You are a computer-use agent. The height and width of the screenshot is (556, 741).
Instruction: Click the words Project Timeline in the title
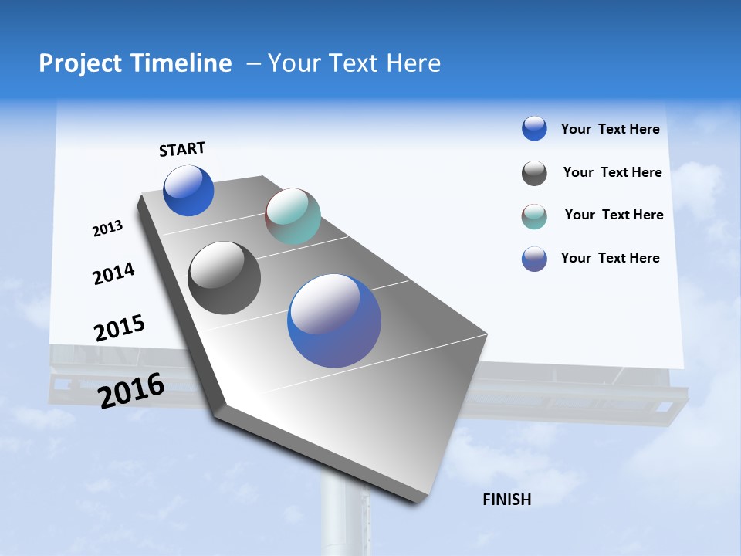[135, 63]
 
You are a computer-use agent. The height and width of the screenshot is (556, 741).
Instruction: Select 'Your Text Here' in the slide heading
[354, 63]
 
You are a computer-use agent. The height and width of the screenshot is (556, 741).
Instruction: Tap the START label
[182, 150]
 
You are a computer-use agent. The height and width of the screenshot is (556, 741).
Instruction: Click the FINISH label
[506, 500]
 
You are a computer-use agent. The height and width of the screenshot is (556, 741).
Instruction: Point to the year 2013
[107, 229]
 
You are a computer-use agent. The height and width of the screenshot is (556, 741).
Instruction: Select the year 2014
[113, 273]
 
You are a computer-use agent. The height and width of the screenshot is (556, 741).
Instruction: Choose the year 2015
[120, 327]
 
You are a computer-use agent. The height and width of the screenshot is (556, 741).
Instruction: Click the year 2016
[131, 390]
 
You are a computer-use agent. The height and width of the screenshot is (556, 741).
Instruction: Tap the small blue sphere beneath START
[188, 191]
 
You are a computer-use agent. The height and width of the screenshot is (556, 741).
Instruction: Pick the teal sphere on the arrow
[293, 216]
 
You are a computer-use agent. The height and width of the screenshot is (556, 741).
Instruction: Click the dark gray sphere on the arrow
[224, 278]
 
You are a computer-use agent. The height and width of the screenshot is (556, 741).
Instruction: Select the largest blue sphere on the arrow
[334, 320]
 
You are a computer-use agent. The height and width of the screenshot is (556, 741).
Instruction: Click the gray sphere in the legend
[534, 173]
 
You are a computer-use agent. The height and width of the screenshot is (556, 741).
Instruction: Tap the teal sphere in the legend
[534, 216]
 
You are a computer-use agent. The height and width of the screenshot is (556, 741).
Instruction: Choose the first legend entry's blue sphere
[534, 128]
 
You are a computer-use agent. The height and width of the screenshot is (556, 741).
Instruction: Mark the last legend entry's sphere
[534, 259]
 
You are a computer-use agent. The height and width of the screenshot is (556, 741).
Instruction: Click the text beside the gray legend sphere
[612, 172]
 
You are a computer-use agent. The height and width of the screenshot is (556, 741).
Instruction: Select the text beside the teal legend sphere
[614, 215]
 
